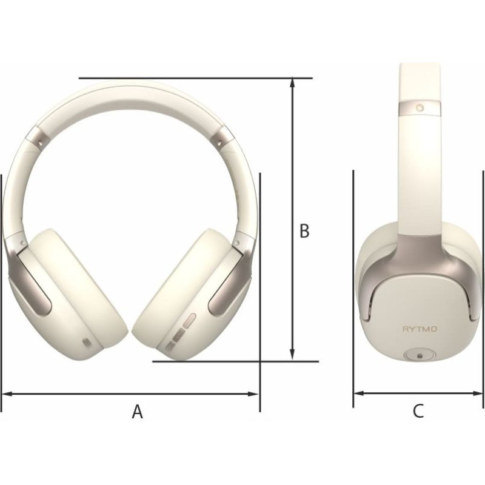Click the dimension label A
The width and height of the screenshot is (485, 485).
pos(138,412)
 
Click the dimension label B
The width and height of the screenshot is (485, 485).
pos(304,231)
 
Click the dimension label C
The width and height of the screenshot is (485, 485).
pos(418,411)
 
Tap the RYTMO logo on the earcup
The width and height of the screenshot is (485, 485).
pos(420,329)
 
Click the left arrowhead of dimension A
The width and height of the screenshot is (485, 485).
pos(7,393)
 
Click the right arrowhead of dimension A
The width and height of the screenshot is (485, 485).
pos(253,393)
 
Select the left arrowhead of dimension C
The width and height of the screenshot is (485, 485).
pos(359,393)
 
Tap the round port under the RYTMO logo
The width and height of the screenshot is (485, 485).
pos(420,355)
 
